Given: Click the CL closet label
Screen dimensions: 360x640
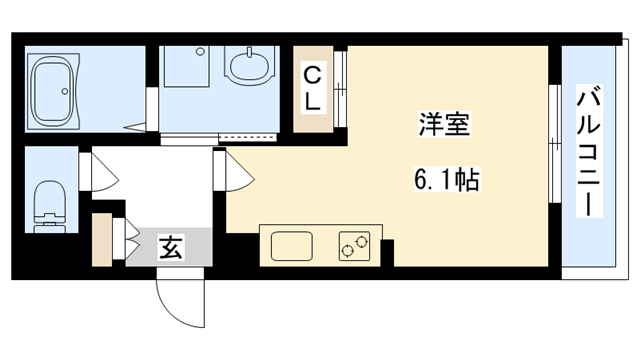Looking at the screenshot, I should pyautogui.click(x=314, y=87).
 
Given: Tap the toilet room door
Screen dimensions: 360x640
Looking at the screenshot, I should pyautogui.click(x=101, y=172).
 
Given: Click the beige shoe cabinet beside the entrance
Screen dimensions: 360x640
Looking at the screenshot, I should pyautogui.click(x=102, y=241).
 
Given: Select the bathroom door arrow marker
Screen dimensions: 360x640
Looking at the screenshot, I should pyautogui.click(x=132, y=126).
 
